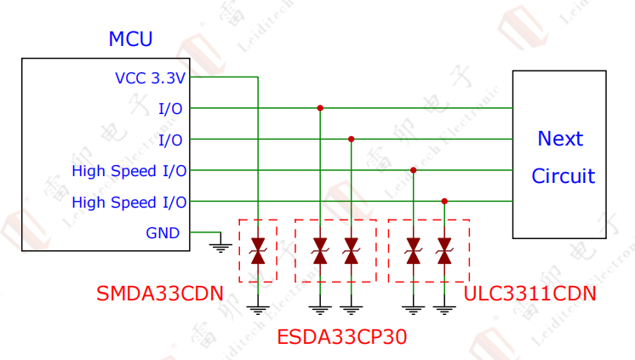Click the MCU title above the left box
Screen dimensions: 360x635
tap(130, 39)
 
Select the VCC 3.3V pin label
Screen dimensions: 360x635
tap(150, 78)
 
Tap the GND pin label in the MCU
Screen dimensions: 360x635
tap(163, 232)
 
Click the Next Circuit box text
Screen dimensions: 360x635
tap(562, 157)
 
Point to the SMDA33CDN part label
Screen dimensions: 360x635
tap(160, 294)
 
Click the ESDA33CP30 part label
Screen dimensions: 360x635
tap(341, 336)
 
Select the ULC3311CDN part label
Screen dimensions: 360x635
tap(529, 294)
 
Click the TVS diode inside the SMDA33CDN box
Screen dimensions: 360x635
tap(258, 251)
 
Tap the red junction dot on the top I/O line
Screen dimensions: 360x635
tap(320, 108)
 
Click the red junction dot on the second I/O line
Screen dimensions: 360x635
tap(351, 139)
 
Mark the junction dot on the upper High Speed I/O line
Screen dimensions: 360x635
tap(413, 170)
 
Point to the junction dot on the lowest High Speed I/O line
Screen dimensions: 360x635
tap(443, 202)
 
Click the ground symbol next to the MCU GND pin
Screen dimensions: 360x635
tap(220, 247)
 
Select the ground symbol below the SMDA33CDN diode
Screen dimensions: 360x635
tap(258, 309)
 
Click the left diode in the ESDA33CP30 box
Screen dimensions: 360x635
tap(320, 251)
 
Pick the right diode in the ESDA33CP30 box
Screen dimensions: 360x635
tap(351, 251)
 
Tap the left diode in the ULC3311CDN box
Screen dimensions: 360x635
tap(413, 251)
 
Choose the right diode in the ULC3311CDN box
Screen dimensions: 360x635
tap(443, 251)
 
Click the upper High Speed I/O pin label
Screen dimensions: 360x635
tap(129, 171)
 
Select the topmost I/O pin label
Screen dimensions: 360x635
tap(170, 109)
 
